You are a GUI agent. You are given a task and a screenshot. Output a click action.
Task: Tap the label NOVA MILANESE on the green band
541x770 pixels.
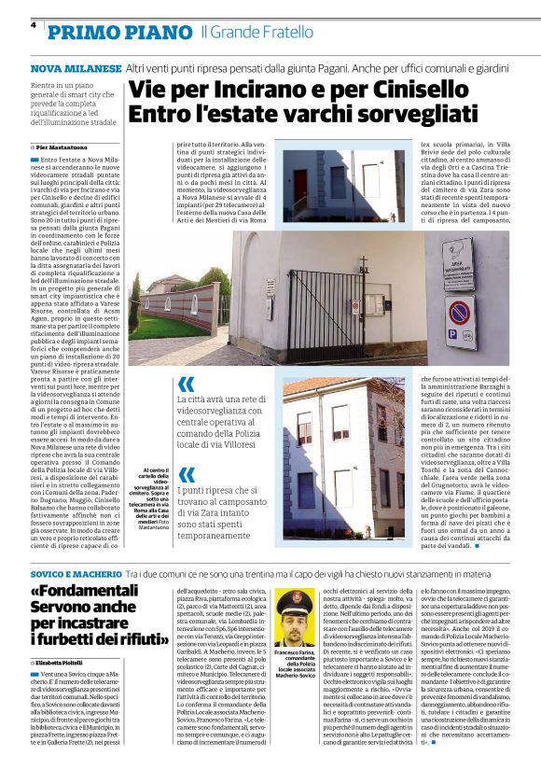point(76,69)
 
